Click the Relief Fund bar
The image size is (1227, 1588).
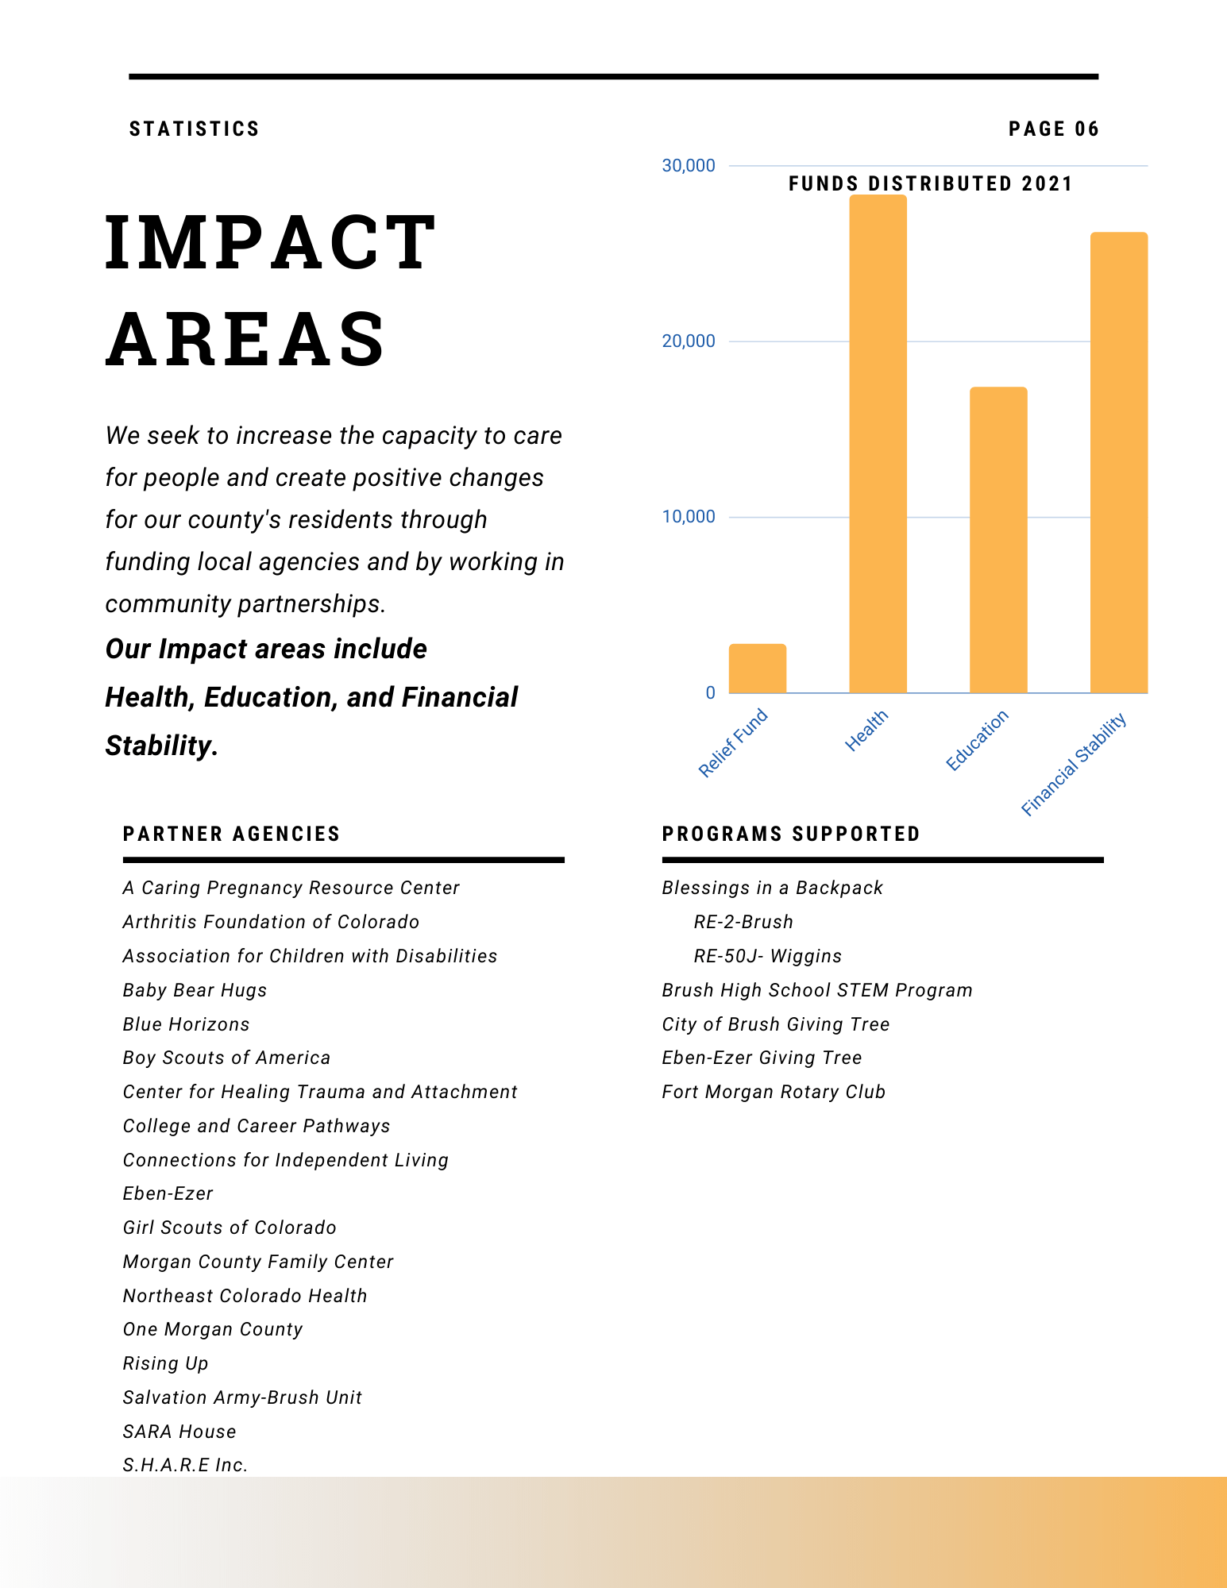tap(758, 669)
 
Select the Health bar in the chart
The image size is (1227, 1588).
tap(878, 444)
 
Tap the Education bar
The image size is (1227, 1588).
tap(998, 540)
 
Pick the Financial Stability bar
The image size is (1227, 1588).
tap(1119, 462)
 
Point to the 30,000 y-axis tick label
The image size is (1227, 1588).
tap(689, 165)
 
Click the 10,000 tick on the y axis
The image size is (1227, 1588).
tap(689, 517)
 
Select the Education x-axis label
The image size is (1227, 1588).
tap(978, 740)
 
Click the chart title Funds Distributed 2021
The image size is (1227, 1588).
tap(931, 184)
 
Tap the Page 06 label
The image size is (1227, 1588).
tap(1054, 129)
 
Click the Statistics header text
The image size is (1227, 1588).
tap(195, 129)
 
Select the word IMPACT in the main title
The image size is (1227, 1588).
tap(271, 242)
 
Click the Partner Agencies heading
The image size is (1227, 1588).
tap(232, 834)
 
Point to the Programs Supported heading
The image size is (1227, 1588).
tap(791, 834)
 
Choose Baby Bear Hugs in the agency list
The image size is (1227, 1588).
tap(195, 990)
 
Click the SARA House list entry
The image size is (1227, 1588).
tap(179, 1432)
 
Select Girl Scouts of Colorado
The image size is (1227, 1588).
tap(230, 1228)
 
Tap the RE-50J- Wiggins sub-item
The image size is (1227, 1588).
tap(768, 956)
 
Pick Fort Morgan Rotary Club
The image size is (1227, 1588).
tap(774, 1092)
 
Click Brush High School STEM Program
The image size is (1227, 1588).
tap(817, 990)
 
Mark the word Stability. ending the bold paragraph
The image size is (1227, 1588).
tap(162, 746)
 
